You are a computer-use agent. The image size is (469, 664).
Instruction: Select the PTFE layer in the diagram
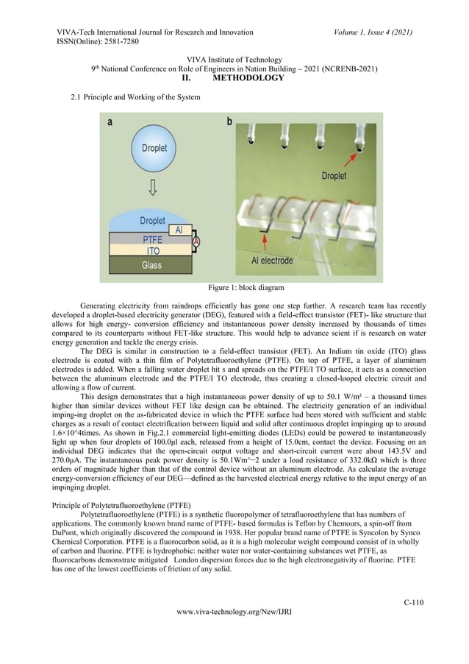[152, 239]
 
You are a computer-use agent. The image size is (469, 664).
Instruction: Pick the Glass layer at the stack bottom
[152, 264]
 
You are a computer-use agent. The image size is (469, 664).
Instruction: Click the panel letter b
[229, 122]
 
